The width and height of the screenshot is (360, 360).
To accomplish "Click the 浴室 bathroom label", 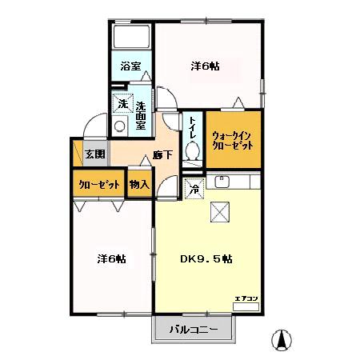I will (x=130, y=67).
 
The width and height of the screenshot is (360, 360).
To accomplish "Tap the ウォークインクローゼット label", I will (x=233, y=142).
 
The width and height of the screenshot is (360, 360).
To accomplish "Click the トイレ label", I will (x=193, y=127).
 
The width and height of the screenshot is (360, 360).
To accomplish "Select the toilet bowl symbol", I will (x=192, y=151).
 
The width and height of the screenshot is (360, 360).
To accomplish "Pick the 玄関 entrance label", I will (x=95, y=154).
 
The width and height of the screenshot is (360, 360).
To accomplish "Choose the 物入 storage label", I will (x=139, y=184).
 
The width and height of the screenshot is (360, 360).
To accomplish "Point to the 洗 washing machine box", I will (x=122, y=104).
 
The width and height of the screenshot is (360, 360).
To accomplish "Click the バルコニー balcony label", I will (x=194, y=330).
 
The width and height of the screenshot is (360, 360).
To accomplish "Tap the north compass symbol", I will (x=281, y=339).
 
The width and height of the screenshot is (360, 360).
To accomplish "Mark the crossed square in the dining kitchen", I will (x=221, y=211).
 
